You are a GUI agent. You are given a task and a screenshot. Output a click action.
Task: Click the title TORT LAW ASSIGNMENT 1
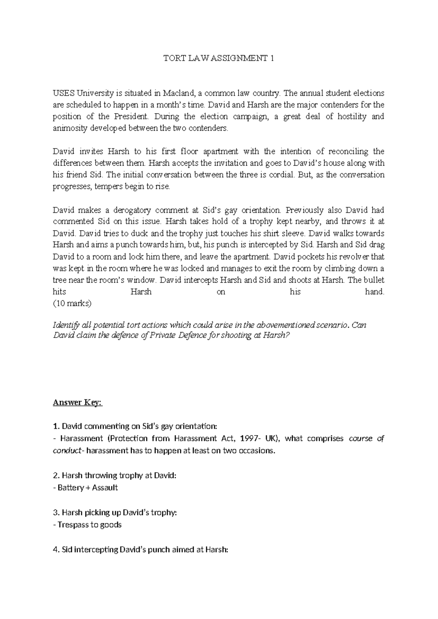click(219, 58)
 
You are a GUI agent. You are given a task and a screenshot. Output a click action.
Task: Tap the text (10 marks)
click(72, 304)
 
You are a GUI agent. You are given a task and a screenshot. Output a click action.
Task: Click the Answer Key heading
click(78, 403)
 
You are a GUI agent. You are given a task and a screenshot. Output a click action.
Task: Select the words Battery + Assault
click(88, 488)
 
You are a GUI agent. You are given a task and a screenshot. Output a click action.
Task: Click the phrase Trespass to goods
click(89, 525)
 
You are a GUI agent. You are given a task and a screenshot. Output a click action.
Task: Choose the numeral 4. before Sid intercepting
click(56, 550)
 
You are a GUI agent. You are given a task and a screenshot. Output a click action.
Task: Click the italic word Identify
click(68, 325)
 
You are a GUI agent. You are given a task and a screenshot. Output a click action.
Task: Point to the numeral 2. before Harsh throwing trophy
click(56, 476)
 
